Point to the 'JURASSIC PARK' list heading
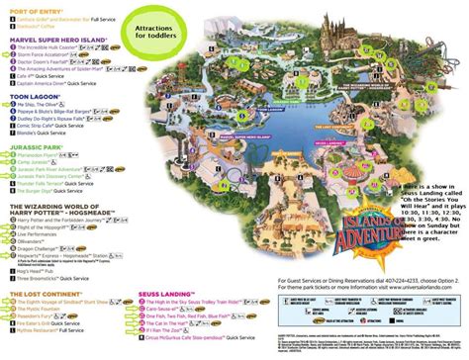[39, 172]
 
